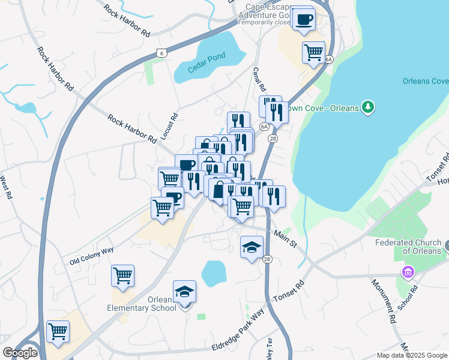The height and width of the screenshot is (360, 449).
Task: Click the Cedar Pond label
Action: (x=209, y=56)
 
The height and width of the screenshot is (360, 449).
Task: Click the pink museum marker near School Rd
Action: (x=408, y=272)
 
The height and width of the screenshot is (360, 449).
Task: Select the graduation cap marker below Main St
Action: (x=252, y=247)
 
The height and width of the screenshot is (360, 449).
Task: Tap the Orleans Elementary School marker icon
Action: (x=184, y=292)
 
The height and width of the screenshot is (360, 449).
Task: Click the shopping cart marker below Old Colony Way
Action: (x=122, y=276)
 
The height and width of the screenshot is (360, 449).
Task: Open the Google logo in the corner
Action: (x=20, y=353)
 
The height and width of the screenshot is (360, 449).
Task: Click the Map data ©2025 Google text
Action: (x=411, y=355)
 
